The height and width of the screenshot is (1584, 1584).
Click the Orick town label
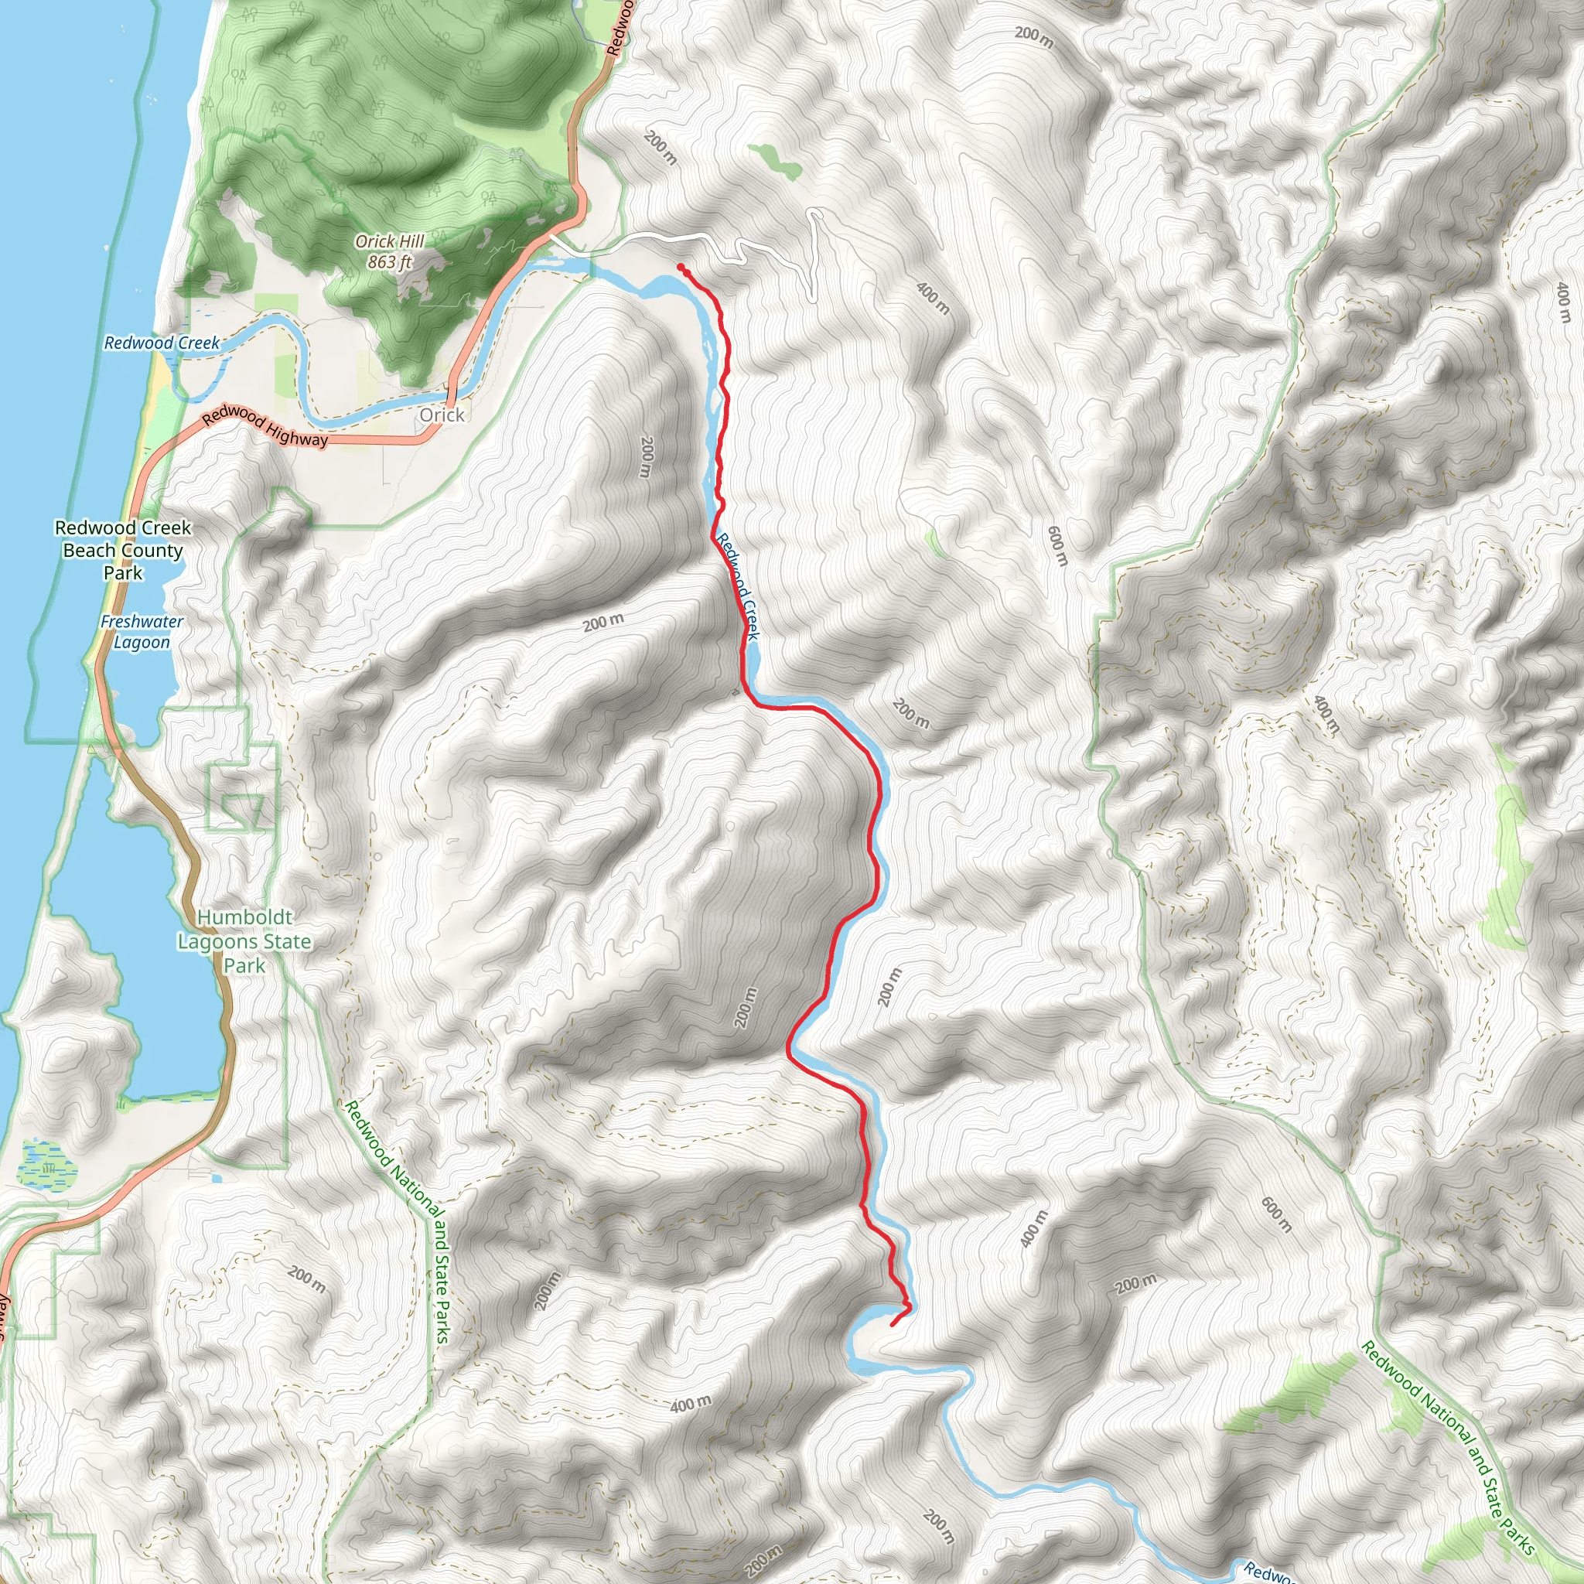[x=442, y=415]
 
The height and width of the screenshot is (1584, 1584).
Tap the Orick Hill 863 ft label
[x=390, y=251]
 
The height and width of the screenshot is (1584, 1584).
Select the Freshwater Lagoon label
[x=142, y=631]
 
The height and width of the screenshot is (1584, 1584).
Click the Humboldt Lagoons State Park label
[x=244, y=941]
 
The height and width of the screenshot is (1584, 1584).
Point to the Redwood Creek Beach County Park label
[x=123, y=550]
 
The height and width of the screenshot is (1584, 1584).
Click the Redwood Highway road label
[x=265, y=426]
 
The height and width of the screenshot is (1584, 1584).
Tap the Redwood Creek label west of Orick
[x=162, y=343]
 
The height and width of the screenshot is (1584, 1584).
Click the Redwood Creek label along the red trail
[x=738, y=585]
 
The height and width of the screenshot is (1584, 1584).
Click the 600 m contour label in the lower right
[x=1275, y=1215]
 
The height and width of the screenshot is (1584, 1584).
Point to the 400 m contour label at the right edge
[x=1563, y=302]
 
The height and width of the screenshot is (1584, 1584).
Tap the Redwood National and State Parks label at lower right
[x=1448, y=1448]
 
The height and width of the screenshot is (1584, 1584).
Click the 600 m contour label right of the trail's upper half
[x=1057, y=545]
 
